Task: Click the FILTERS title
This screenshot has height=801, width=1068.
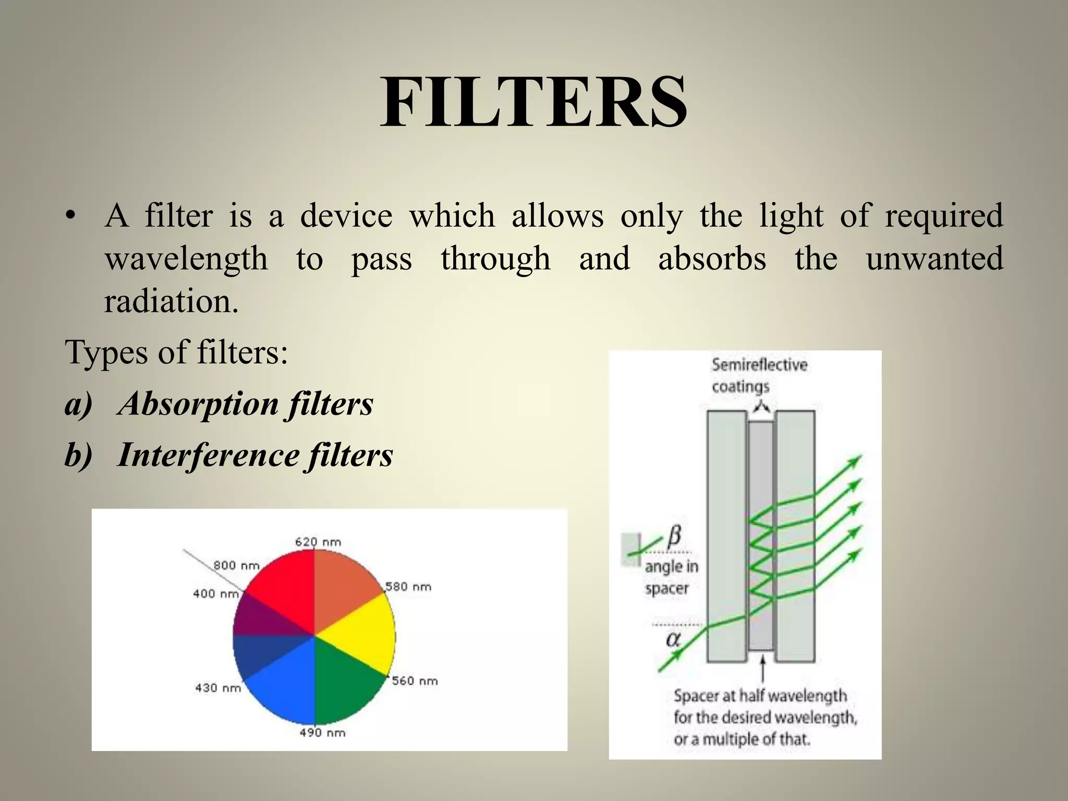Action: [533, 103]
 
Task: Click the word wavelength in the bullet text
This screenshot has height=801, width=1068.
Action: [186, 259]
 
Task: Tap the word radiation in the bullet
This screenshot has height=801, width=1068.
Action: [171, 301]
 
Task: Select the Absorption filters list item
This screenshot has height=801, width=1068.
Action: [245, 404]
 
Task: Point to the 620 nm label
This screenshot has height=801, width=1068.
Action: [318, 542]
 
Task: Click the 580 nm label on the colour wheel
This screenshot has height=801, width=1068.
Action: [408, 587]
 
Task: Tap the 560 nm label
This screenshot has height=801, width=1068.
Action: [415, 681]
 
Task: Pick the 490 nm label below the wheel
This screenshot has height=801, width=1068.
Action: [322, 733]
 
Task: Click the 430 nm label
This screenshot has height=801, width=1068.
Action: [218, 688]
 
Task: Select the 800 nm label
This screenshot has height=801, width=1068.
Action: [236, 565]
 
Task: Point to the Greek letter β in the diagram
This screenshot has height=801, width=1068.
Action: [674, 535]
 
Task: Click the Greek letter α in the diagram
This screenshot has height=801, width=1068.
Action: [673, 639]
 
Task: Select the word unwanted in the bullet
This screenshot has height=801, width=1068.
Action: [934, 259]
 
